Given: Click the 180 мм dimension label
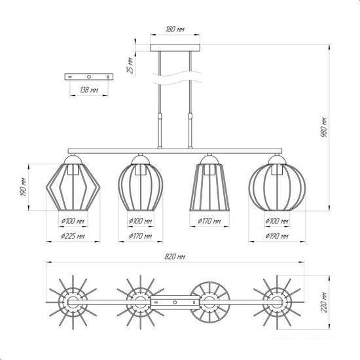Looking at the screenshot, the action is (x=175, y=29).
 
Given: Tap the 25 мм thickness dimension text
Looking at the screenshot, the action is (x=130, y=65).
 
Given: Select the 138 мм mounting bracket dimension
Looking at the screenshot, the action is (x=89, y=90).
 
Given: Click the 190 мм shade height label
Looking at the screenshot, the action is (x=24, y=187).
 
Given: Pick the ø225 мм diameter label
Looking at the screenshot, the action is (x=73, y=236).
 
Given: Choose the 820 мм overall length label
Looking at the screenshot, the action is (x=175, y=257).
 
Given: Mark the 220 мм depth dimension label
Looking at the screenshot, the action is (x=324, y=302).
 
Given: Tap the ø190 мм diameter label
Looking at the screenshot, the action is (x=276, y=236).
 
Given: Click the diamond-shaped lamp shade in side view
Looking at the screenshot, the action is (x=73, y=187).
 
